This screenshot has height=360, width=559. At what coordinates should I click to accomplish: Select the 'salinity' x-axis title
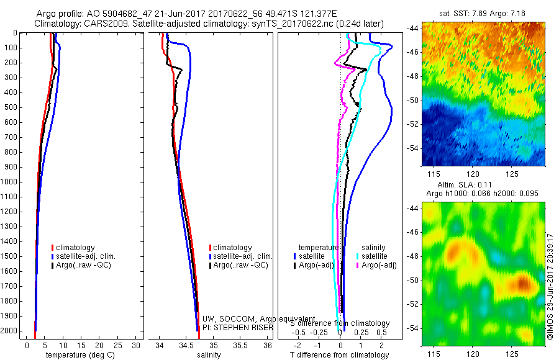(x=212, y=355)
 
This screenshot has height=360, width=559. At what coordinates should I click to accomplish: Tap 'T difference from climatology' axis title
(x=339, y=355)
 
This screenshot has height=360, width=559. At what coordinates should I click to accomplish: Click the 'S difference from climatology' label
(x=340, y=323)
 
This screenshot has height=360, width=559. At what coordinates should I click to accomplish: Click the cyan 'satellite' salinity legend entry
(x=372, y=256)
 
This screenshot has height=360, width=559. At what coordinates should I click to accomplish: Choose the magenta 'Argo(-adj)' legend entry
(x=378, y=265)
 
